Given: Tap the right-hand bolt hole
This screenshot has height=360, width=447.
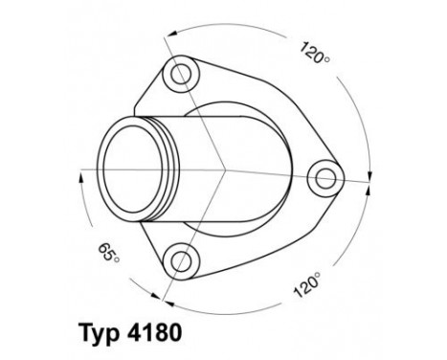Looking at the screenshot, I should (x=326, y=177).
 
